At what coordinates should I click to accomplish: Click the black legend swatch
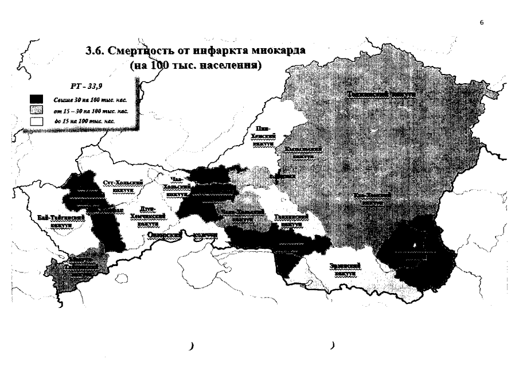click(37, 99)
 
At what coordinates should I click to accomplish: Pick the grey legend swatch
click(37, 110)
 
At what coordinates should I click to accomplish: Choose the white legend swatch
click(37, 120)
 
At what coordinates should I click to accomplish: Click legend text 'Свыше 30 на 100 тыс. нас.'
click(81, 99)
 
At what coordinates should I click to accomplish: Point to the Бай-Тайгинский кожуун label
click(60, 221)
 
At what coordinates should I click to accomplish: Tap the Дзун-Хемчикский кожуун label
click(147, 213)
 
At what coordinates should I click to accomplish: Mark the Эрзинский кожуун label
click(345, 269)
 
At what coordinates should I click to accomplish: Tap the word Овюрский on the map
click(165, 235)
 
